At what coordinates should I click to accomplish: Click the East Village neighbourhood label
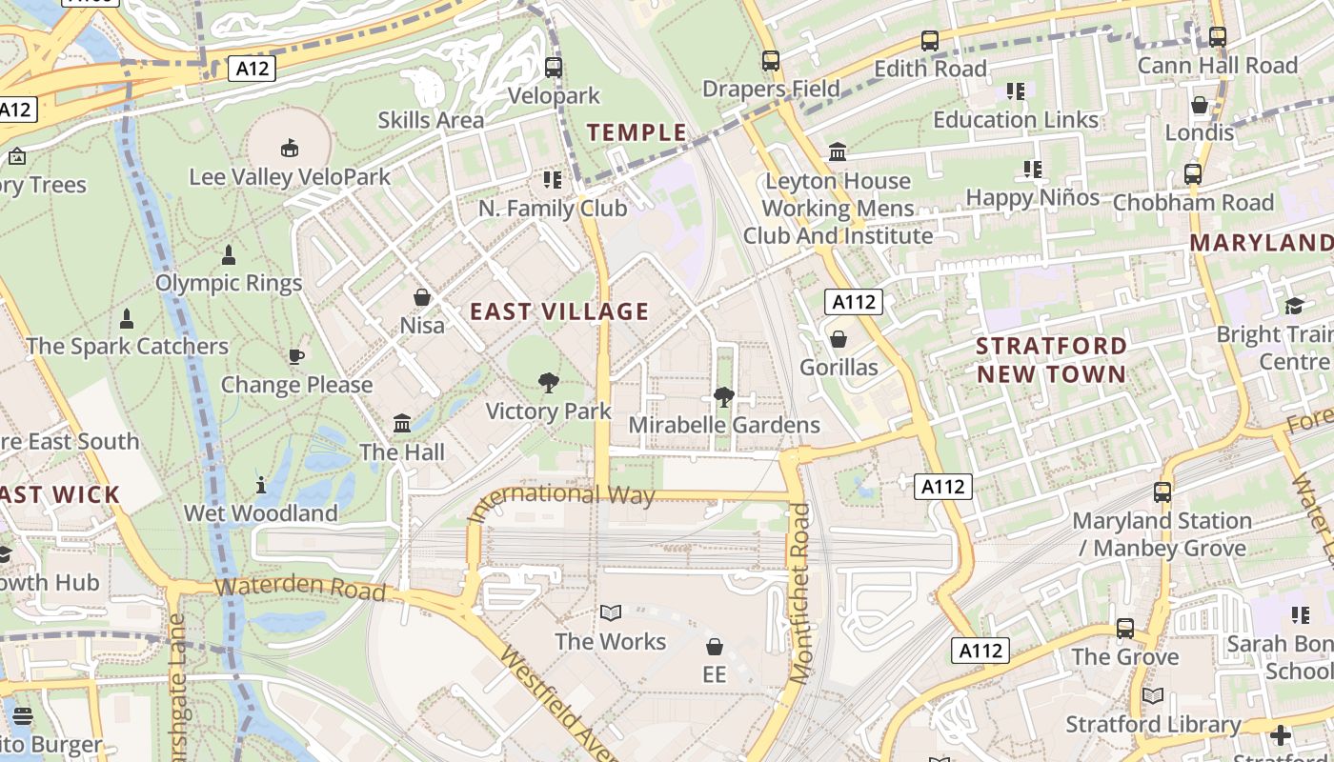point(559,311)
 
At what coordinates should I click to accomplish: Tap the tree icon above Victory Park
point(548,383)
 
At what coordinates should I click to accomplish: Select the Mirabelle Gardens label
point(724,425)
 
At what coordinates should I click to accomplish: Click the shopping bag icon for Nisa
point(422,297)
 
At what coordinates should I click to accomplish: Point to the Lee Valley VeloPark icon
point(289,148)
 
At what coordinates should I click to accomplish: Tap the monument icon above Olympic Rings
point(229,255)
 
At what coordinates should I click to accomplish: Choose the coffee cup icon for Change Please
point(296,356)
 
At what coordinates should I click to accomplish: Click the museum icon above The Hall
point(402,423)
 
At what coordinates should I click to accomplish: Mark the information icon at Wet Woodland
point(261,485)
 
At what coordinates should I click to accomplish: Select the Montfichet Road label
point(799,592)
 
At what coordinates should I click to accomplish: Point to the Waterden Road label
point(299,588)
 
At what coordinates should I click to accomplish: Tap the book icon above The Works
point(611,612)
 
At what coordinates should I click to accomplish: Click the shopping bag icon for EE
point(714,647)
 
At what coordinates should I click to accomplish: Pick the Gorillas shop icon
point(839,339)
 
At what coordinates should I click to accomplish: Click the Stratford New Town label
point(1051,359)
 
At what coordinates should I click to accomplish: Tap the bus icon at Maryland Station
point(1162,492)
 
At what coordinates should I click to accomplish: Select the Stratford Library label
point(1153,724)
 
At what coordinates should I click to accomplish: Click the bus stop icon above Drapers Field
point(771,61)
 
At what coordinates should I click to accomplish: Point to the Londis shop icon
point(1200,104)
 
